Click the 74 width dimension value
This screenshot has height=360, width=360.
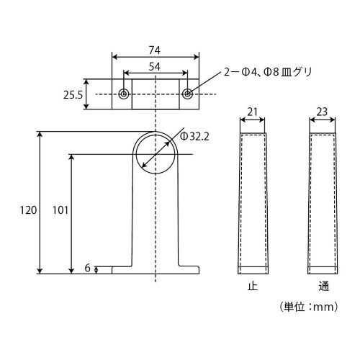[154, 50]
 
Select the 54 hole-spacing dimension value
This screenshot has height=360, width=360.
[154, 67]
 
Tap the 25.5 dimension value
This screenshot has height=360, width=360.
[73, 95]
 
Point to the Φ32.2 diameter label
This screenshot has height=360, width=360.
[194, 137]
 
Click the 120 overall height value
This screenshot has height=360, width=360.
[28, 210]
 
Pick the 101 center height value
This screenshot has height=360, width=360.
[60, 210]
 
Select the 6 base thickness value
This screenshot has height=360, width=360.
[88, 268]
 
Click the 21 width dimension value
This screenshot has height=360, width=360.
[252, 112]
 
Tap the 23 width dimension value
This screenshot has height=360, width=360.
[322, 112]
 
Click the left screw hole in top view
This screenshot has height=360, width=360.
[124, 94]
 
